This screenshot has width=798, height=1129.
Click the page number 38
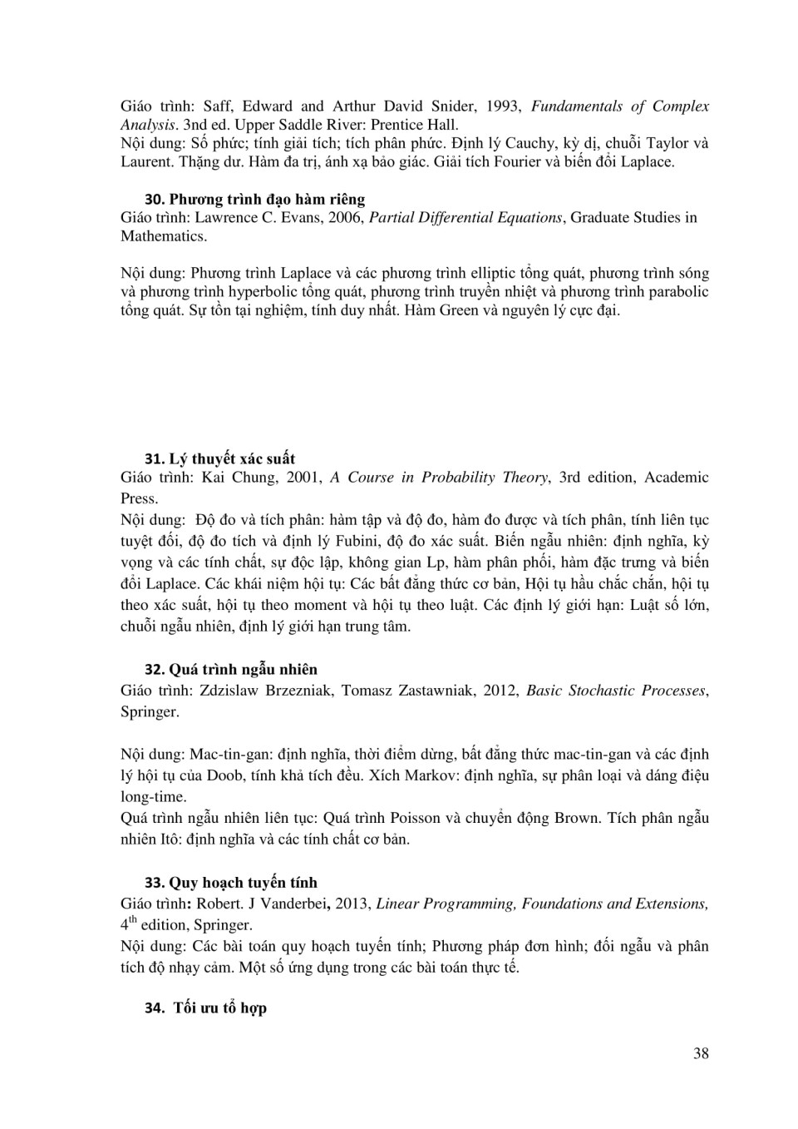(701, 1053)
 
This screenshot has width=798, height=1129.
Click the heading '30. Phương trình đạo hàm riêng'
(254, 199)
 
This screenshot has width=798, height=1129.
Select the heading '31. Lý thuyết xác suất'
(219, 458)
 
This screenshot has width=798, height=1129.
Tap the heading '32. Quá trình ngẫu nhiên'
(231, 669)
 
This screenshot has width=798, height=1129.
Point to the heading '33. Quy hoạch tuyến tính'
(231, 882)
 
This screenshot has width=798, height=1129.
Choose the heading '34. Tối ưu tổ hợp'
(205, 1008)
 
